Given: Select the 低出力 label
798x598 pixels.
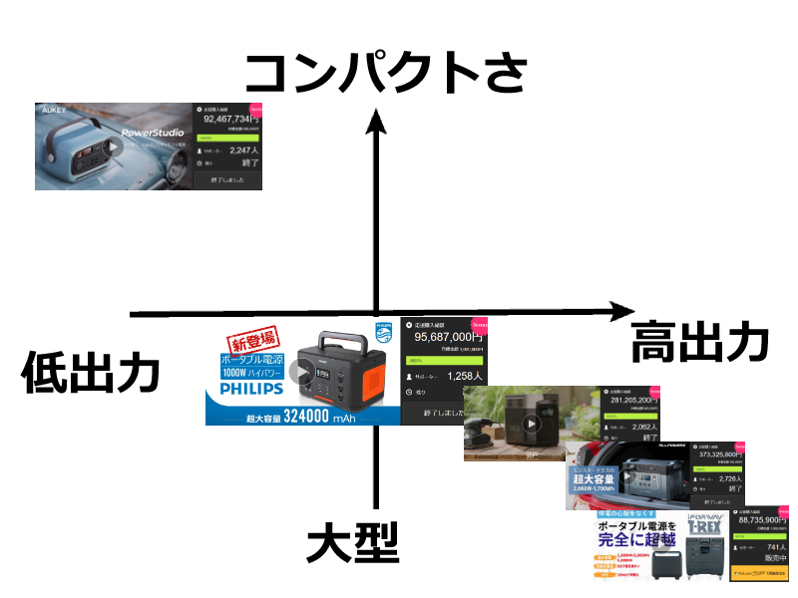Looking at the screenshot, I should click(91, 374).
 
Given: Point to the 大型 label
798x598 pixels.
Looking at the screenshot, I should click(351, 543).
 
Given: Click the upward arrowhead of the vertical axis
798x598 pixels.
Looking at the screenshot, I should click(376, 123).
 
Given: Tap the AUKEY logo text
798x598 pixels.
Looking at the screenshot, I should click(54, 111).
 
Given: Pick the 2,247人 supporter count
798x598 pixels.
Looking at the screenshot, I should click(243, 150).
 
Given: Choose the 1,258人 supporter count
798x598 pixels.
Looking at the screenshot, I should click(465, 377).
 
